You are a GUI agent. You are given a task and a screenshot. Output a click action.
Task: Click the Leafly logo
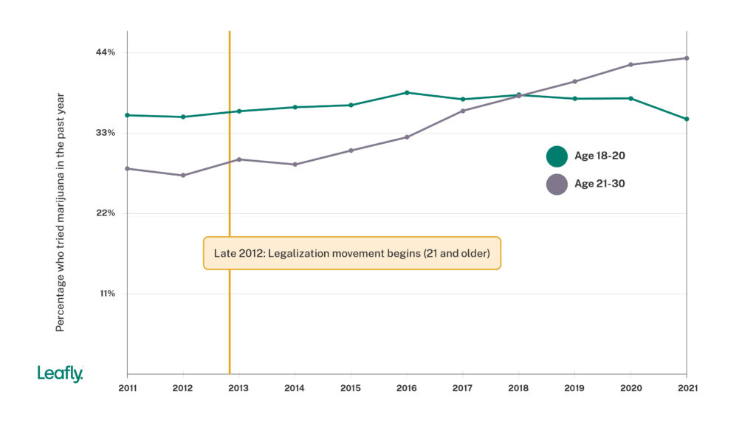[x=60, y=374]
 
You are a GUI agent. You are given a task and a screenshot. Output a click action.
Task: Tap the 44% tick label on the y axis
[x=105, y=52]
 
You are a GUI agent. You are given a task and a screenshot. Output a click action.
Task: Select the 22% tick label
[x=105, y=213]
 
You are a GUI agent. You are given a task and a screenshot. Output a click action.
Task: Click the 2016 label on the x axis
[x=407, y=388]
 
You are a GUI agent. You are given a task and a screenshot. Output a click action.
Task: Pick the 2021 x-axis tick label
[x=687, y=388]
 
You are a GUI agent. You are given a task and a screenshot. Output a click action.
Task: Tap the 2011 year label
[x=127, y=388]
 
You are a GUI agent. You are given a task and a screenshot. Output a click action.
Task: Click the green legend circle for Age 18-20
[x=557, y=156]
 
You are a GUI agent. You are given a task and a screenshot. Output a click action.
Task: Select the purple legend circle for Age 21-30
[x=557, y=184]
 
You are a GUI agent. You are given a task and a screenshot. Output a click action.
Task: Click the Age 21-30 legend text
[x=599, y=184]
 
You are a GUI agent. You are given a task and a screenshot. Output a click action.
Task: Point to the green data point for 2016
[x=407, y=93]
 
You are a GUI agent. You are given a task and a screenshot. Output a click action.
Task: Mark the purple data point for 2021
[x=687, y=58]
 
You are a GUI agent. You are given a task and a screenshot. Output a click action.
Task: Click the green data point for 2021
[x=687, y=119]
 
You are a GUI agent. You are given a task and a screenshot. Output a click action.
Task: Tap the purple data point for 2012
[x=183, y=176]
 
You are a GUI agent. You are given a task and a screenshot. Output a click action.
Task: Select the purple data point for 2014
[x=295, y=165]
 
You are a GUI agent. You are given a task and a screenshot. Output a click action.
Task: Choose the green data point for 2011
[x=127, y=115]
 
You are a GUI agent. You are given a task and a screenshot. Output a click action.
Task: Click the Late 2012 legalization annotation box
[x=352, y=253]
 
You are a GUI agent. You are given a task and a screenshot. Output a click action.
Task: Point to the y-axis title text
[x=61, y=212]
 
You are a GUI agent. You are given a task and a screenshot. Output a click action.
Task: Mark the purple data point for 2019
[x=574, y=81]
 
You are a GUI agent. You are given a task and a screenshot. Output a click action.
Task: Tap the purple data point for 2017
[x=463, y=111]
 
